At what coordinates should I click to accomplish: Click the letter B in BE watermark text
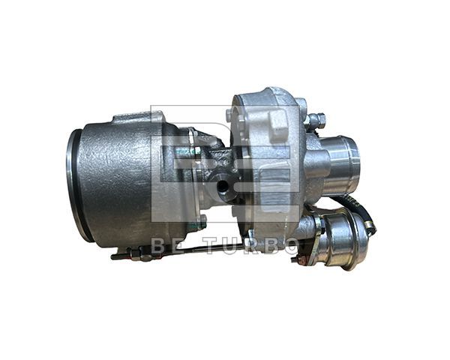[x=158, y=245]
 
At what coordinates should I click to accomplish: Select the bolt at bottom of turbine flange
[x=201, y=220]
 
